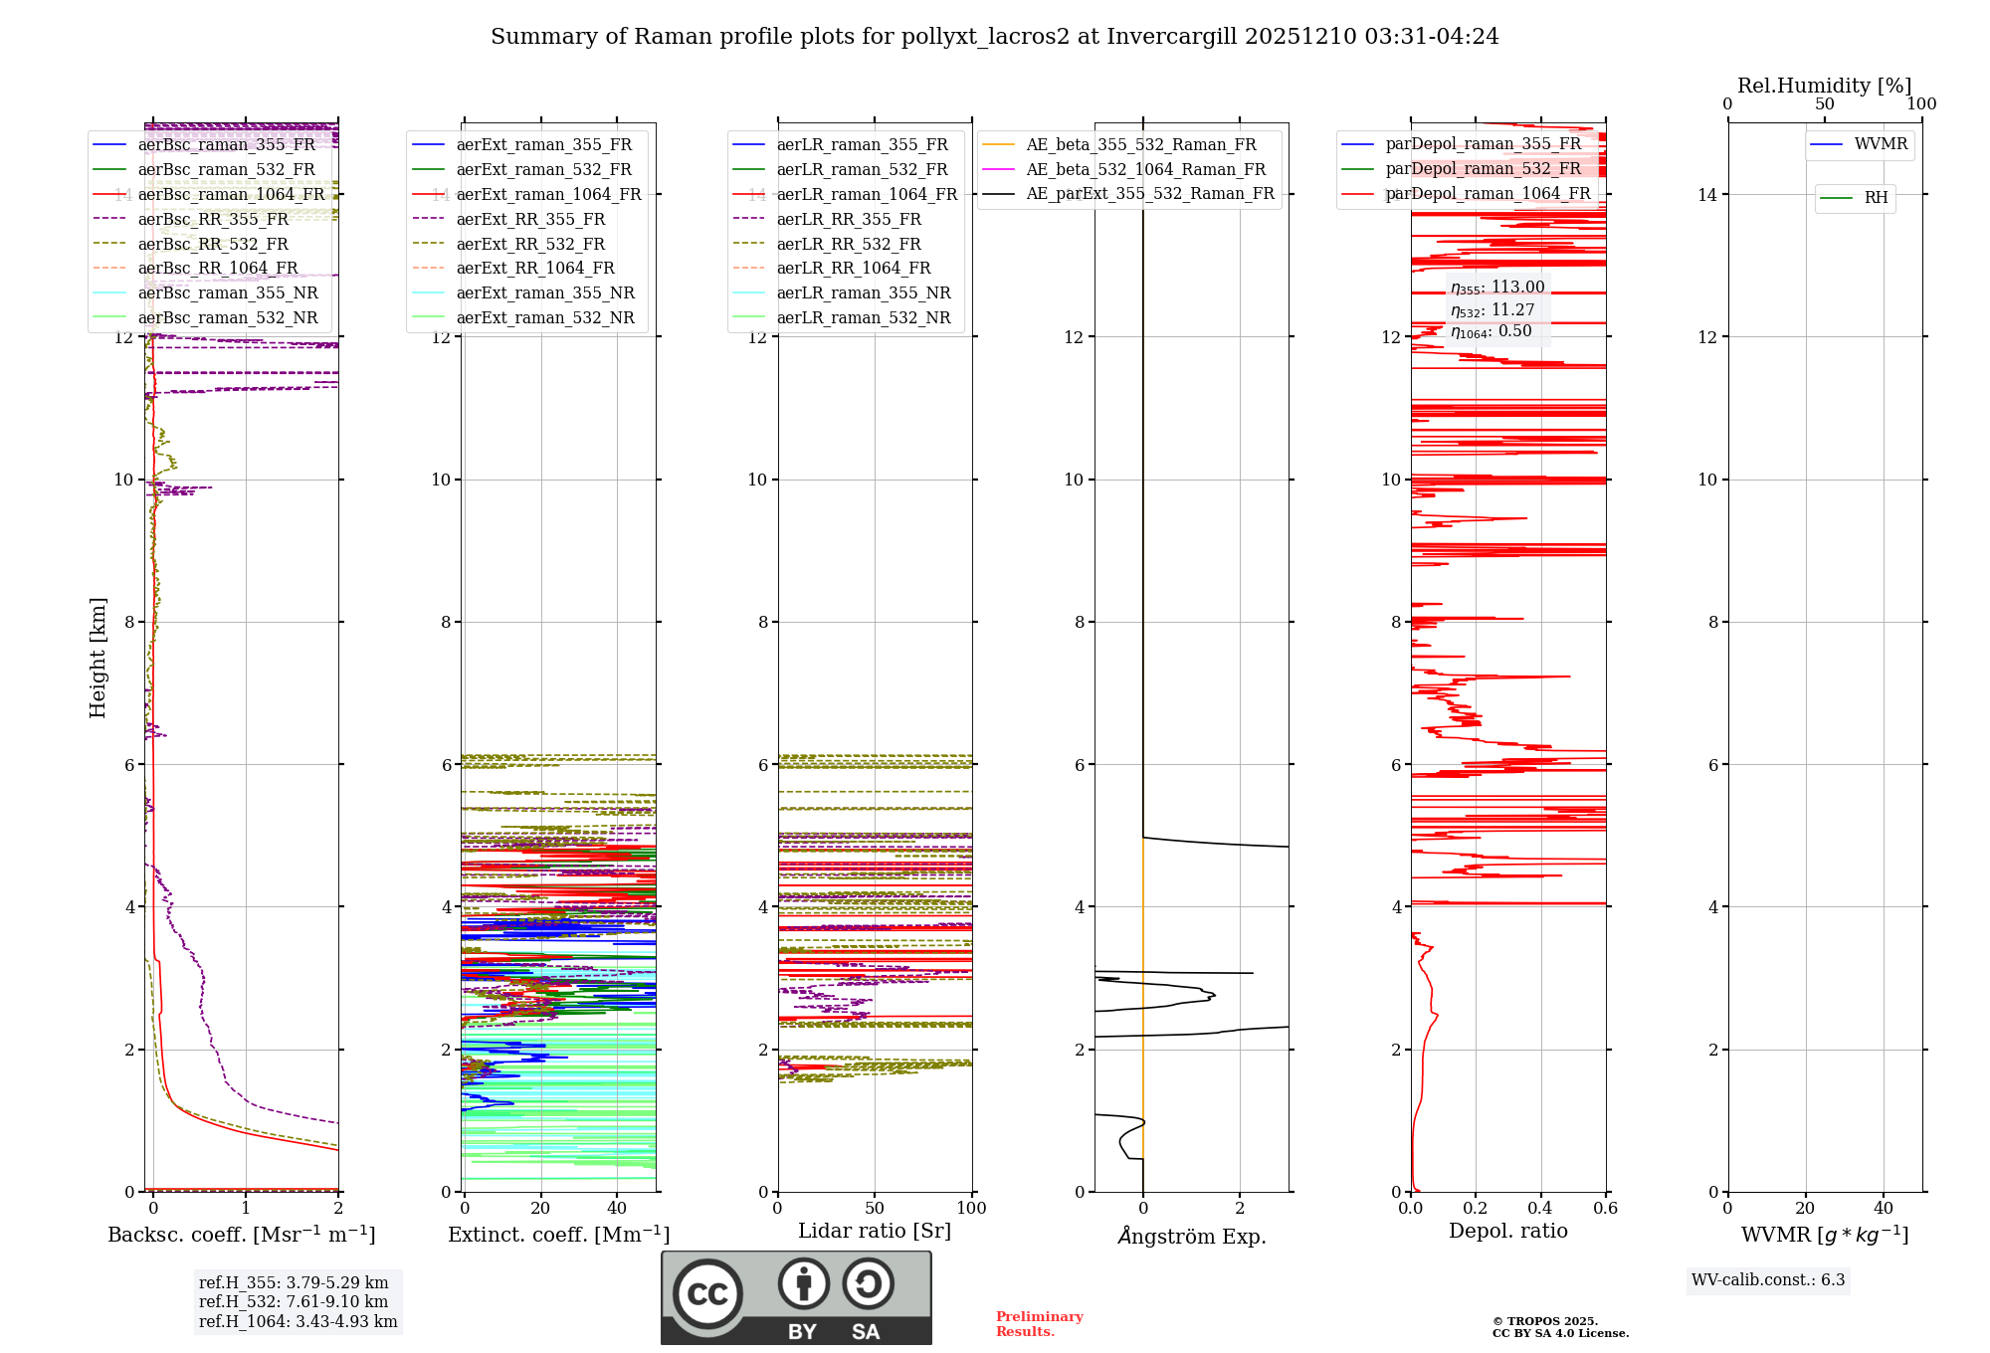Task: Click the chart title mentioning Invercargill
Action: click(x=994, y=37)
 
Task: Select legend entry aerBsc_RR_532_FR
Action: click(x=212, y=244)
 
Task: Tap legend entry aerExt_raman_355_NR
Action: click(x=544, y=292)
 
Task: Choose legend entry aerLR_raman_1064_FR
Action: click(x=867, y=194)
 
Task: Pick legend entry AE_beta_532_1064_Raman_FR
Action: click(x=1145, y=169)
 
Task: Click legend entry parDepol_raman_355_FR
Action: click(x=1483, y=144)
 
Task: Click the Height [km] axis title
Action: click(x=98, y=658)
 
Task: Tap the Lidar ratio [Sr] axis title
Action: click(x=874, y=1231)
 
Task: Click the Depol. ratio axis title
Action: click(x=1507, y=1231)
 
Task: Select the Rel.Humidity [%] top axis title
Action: click(x=1824, y=86)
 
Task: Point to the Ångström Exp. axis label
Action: click(x=1191, y=1236)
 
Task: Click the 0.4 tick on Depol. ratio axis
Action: click(x=1540, y=1208)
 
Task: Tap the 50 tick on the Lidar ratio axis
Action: click(x=874, y=1208)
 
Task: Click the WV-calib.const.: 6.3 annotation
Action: click(x=1767, y=1280)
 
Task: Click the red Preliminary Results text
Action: click(x=1039, y=1324)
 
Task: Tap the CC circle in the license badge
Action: click(x=707, y=1293)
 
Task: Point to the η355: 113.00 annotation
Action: click(x=1497, y=288)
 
